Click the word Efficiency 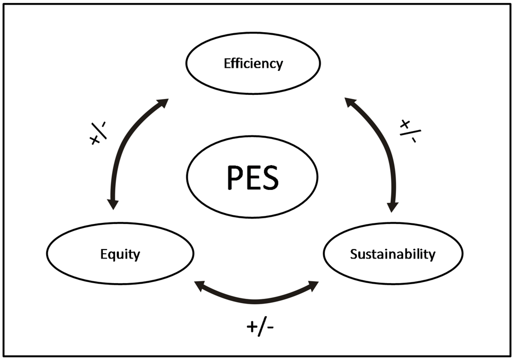(253, 64)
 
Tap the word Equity (119, 254)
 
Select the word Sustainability (393, 254)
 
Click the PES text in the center (252, 177)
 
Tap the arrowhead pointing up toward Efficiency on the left (162, 103)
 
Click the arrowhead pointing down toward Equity (113, 204)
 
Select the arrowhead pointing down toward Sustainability (393, 206)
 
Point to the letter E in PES (251, 177)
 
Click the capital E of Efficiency (227, 64)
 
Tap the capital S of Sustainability (353, 254)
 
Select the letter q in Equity (112, 255)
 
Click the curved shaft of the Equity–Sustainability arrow (256, 300)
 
